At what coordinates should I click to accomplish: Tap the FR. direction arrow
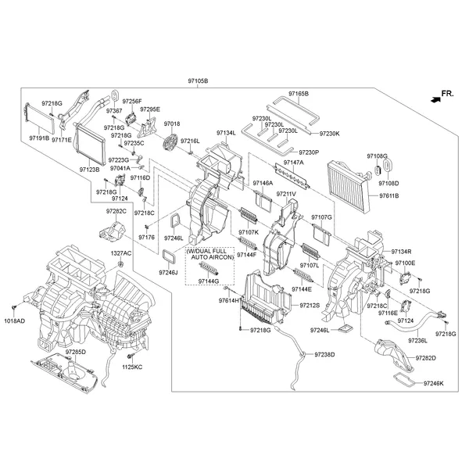click(x=434, y=98)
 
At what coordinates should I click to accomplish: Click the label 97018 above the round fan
click(x=171, y=124)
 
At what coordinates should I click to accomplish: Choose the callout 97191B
click(x=39, y=138)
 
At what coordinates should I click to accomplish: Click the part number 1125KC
click(x=134, y=367)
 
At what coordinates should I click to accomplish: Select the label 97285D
click(x=76, y=353)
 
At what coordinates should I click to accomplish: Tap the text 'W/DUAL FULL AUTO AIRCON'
click(x=209, y=254)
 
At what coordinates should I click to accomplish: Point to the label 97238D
click(x=324, y=354)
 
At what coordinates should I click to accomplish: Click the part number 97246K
click(x=433, y=384)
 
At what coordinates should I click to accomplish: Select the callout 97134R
click(x=401, y=251)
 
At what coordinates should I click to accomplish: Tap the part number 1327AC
click(x=121, y=254)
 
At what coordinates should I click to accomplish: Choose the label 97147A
click(x=294, y=163)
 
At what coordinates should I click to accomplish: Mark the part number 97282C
click(x=116, y=211)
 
